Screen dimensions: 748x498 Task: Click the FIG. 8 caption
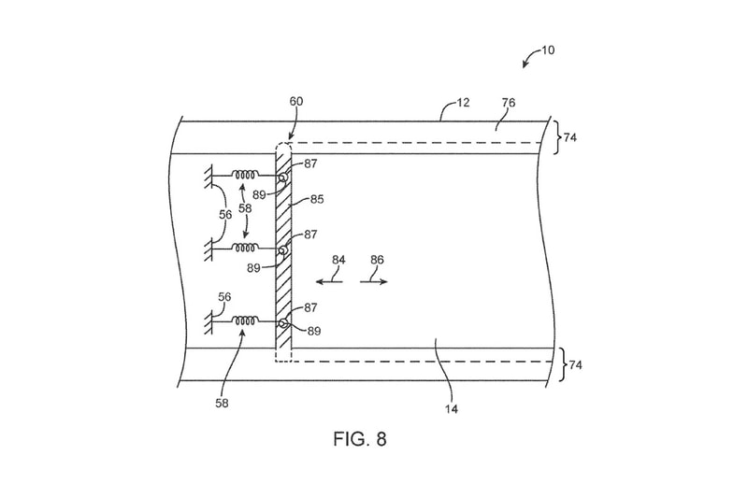click(x=360, y=439)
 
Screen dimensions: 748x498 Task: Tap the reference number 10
click(x=548, y=50)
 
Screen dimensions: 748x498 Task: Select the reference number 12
click(x=463, y=103)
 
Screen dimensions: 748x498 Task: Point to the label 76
click(x=509, y=103)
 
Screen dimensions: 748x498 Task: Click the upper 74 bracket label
click(x=570, y=137)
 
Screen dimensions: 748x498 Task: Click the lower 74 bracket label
click(x=576, y=365)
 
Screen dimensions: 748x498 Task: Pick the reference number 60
click(x=296, y=101)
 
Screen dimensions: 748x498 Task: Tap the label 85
click(x=317, y=199)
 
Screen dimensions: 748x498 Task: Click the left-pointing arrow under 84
click(x=329, y=281)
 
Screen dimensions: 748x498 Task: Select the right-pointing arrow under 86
click(x=374, y=281)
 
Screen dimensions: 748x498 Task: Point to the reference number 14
click(x=452, y=409)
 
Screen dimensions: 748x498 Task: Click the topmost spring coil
click(x=245, y=175)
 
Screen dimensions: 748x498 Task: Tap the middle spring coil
click(x=245, y=248)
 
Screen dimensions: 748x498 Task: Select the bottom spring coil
click(x=245, y=321)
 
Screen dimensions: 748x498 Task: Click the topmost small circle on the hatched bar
click(x=283, y=178)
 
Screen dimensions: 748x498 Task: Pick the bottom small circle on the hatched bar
click(x=283, y=323)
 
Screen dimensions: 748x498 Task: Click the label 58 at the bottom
click(x=222, y=404)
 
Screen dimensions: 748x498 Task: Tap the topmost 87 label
click(x=310, y=164)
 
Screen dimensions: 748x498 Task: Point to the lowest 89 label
click(x=314, y=331)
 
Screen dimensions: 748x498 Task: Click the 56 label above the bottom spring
click(x=224, y=297)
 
